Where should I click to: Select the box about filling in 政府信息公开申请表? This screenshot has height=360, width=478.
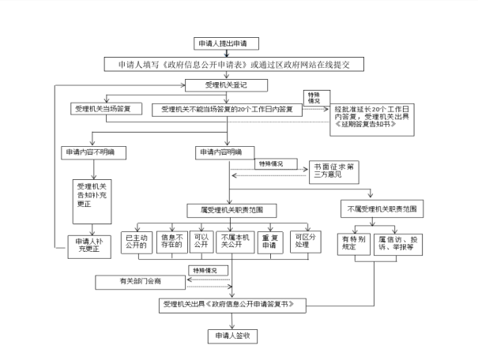pos(233,62)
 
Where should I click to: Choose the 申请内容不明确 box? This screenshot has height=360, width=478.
pos(94,151)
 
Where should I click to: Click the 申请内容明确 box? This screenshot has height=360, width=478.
pos(221,151)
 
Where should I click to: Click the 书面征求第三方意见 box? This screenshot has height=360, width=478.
pos(333,169)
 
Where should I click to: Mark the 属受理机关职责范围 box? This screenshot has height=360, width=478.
pos(231,211)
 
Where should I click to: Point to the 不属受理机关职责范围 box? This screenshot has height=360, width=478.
pos(382,211)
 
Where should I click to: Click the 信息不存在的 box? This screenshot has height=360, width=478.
pos(171,241)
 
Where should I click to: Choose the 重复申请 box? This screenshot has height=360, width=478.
pos(270,241)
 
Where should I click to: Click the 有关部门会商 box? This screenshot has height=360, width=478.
pos(139,281)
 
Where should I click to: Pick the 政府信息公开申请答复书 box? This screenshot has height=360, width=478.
pos(233,304)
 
